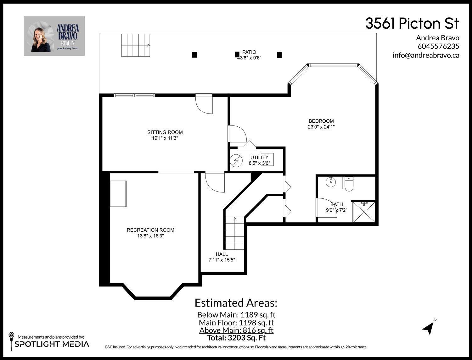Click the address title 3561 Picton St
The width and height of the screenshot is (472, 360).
coord(412,24)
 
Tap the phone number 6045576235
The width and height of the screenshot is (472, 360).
coord(438,46)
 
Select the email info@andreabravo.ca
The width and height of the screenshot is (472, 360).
coord(426,55)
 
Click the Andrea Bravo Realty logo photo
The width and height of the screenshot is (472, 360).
coord(54,36)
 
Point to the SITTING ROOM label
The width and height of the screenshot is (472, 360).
coord(165,132)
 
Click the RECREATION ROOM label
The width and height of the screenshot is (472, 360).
coord(150,230)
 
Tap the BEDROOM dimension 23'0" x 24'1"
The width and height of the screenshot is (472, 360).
coord(321,127)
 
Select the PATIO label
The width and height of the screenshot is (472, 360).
coord(249,52)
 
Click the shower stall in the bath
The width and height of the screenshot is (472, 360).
coord(364,212)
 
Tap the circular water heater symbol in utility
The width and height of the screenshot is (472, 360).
coord(235,161)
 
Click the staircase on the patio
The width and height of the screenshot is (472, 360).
coord(136,45)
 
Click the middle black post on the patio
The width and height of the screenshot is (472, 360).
coord(237,55)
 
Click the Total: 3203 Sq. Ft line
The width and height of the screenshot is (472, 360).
coord(236,338)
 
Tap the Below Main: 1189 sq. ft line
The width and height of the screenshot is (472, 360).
coord(236,315)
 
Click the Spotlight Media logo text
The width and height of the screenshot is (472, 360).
coord(52,344)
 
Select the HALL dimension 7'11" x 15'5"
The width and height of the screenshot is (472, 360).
coord(222,260)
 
